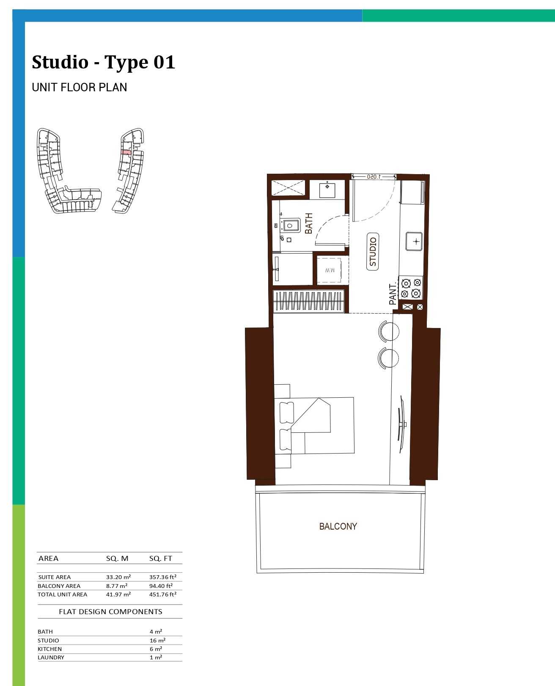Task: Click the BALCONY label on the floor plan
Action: [338, 526]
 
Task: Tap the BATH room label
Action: [308, 223]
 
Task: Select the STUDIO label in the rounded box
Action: [373, 251]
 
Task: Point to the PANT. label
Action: [392, 294]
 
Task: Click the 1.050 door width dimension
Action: [374, 177]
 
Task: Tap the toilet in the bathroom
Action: [289, 225]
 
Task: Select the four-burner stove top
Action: [411, 288]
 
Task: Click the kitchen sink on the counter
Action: [414, 241]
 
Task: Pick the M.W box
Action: [329, 270]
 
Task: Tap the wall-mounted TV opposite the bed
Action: [401, 424]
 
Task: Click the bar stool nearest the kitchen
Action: [389, 331]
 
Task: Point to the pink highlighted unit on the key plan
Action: [126, 152]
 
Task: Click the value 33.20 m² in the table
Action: [118, 577]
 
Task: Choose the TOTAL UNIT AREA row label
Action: [62, 594]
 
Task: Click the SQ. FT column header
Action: [160, 558]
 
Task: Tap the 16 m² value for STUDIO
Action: [157, 640]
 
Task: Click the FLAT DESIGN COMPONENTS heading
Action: [110, 612]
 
